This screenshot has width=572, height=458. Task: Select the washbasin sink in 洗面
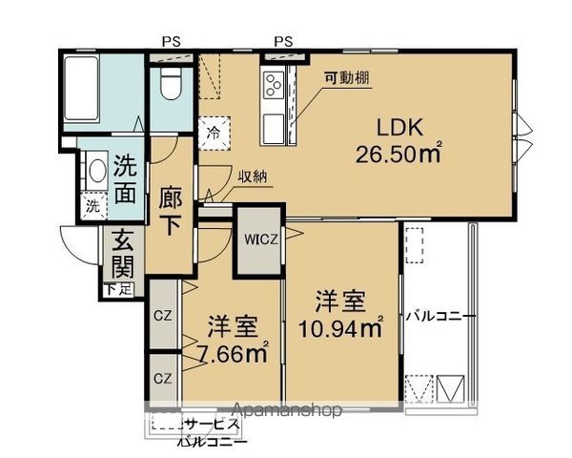coord(96,173)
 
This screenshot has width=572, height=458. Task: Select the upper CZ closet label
coord(161,315)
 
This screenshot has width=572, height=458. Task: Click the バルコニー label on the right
coord(439,316)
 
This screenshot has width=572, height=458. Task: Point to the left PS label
coord(172,41)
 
